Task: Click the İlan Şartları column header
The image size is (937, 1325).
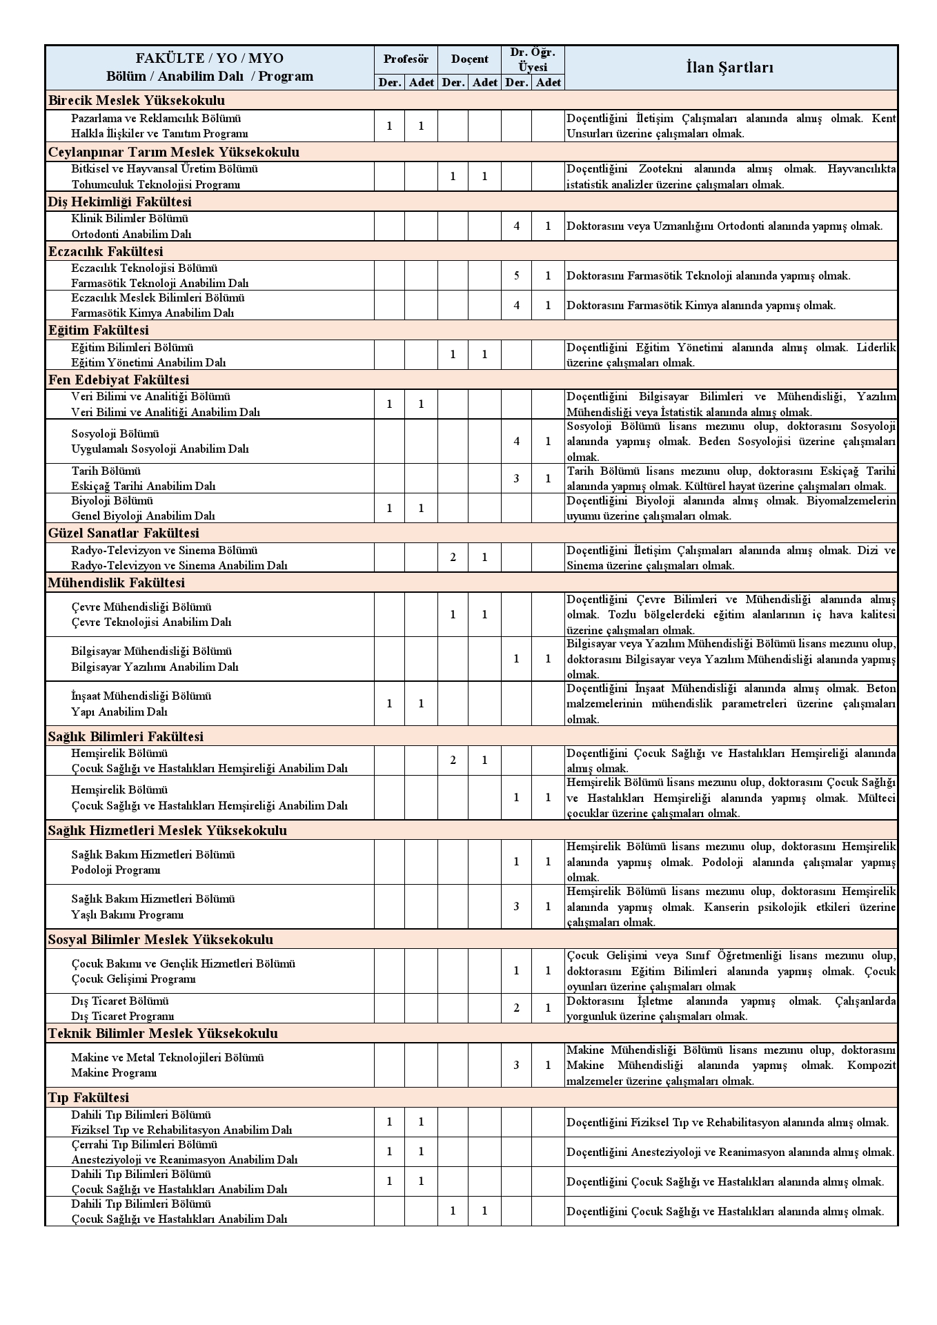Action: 729,67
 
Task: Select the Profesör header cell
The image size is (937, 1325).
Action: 406,59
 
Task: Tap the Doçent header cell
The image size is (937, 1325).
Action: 469,59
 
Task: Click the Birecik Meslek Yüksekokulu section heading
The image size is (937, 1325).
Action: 136,100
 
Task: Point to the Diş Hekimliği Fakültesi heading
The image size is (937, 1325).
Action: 120,202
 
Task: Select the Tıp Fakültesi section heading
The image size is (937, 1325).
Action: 88,1097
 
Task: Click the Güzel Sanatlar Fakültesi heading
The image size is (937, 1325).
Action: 124,533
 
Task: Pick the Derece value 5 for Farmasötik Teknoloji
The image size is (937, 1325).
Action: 516,275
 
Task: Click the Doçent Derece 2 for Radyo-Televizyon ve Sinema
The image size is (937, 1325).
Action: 453,557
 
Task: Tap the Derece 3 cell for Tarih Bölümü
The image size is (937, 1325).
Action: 516,478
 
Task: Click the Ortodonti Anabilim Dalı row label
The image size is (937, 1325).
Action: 131,234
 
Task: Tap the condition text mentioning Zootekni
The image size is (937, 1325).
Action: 731,176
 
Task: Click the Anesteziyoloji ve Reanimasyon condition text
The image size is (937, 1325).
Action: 730,1152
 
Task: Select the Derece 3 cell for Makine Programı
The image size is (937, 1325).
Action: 516,1065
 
